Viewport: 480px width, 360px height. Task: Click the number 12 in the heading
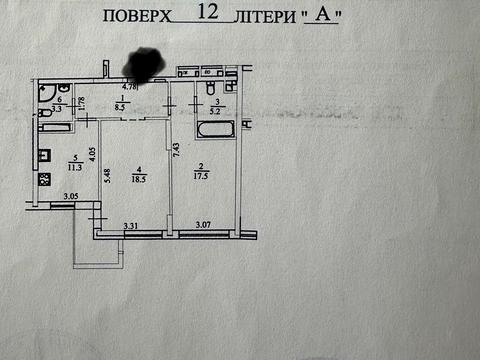pos(210,13)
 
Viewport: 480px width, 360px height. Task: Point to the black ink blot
pos(146,65)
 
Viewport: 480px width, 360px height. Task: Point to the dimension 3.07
pos(203,228)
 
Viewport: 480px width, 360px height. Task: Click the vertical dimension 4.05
pos(91,154)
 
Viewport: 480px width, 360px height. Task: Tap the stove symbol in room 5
pos(44,180)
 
